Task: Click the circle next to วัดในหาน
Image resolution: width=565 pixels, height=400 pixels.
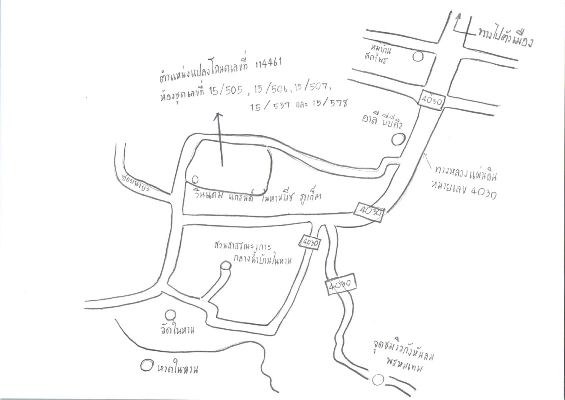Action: pyautogui.click(x=170, y=315)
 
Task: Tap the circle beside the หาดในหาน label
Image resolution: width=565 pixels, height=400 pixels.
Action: pyautogui.click(x=146, y=365)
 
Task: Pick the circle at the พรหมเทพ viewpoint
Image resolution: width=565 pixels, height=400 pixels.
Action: pyautogui.click(x=378, y=380)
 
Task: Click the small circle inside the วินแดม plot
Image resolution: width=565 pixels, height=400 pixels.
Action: pyautogui.click(x=195, y=179)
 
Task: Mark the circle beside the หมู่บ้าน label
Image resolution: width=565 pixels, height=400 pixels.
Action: pyautogui.click(x=418, y=56)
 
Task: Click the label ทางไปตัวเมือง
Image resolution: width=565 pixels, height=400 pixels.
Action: pyautogui.click(x=504, y=36)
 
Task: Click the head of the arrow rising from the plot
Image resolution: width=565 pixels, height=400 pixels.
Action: pyautogui.click(x=217, y=116)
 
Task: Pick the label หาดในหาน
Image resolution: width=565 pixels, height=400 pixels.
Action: pyautogui.click(x=178, y=370)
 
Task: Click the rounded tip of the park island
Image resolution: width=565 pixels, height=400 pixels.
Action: pyautogui.click(x=226, y=267)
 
